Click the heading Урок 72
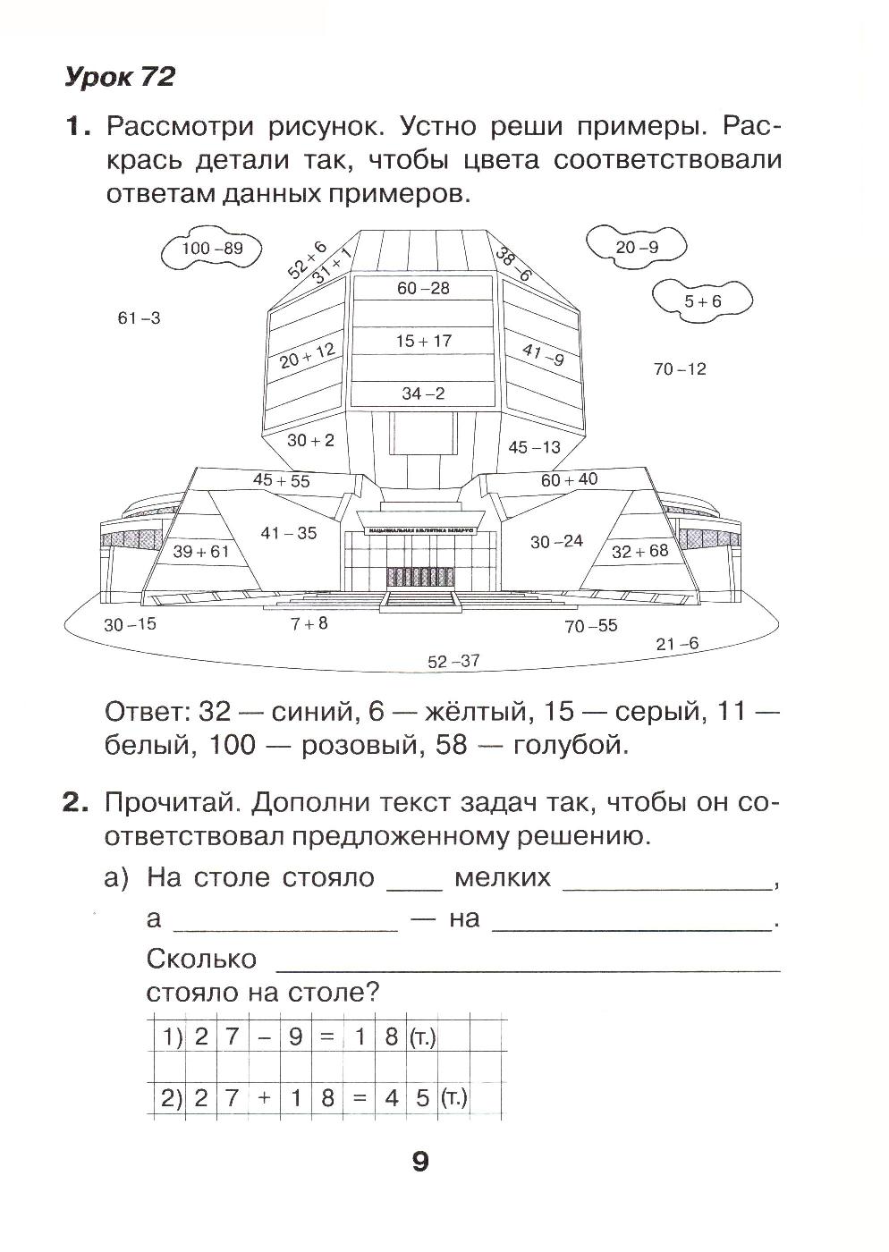tap(119, 78)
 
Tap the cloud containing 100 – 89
tap(212, 249)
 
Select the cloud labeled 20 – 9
tap(636, 247)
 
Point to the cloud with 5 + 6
tap(702, 301)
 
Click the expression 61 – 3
tap(140, 317)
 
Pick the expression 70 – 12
tap(680, 368)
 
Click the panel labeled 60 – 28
tap(423, 288)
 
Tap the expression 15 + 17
tap(423, 341)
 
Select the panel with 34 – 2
tap(423, 393)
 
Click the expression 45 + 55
tap(281, 480)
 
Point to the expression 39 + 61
tap(200, 552)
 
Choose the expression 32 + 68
tap(639, 551)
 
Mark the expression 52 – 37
tap(453, 662)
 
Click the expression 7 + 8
tap(309, 624)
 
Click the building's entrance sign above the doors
tap(419, 531)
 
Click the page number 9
tap(420, 1162)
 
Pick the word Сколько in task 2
tap(201, 960)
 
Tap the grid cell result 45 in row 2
tap(407, 1098)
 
